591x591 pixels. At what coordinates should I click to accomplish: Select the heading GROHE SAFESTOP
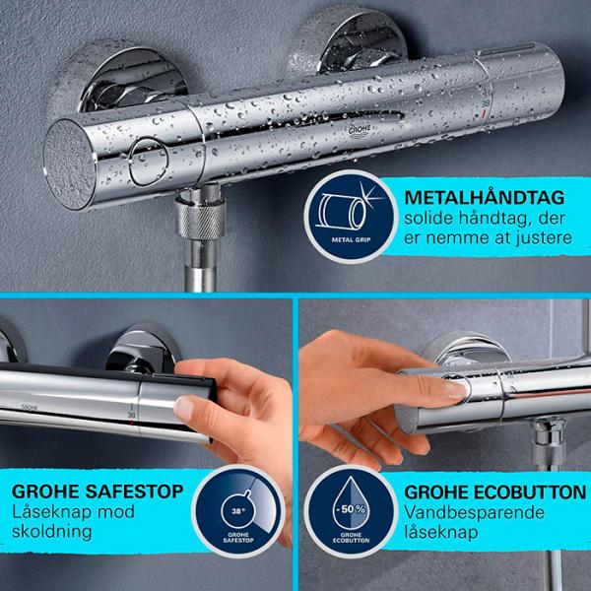[x=98, y=490]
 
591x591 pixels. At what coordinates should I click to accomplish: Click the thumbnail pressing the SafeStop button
[x=184, y=405]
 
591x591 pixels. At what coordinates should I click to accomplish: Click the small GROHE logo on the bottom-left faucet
[x=30, y=405]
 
